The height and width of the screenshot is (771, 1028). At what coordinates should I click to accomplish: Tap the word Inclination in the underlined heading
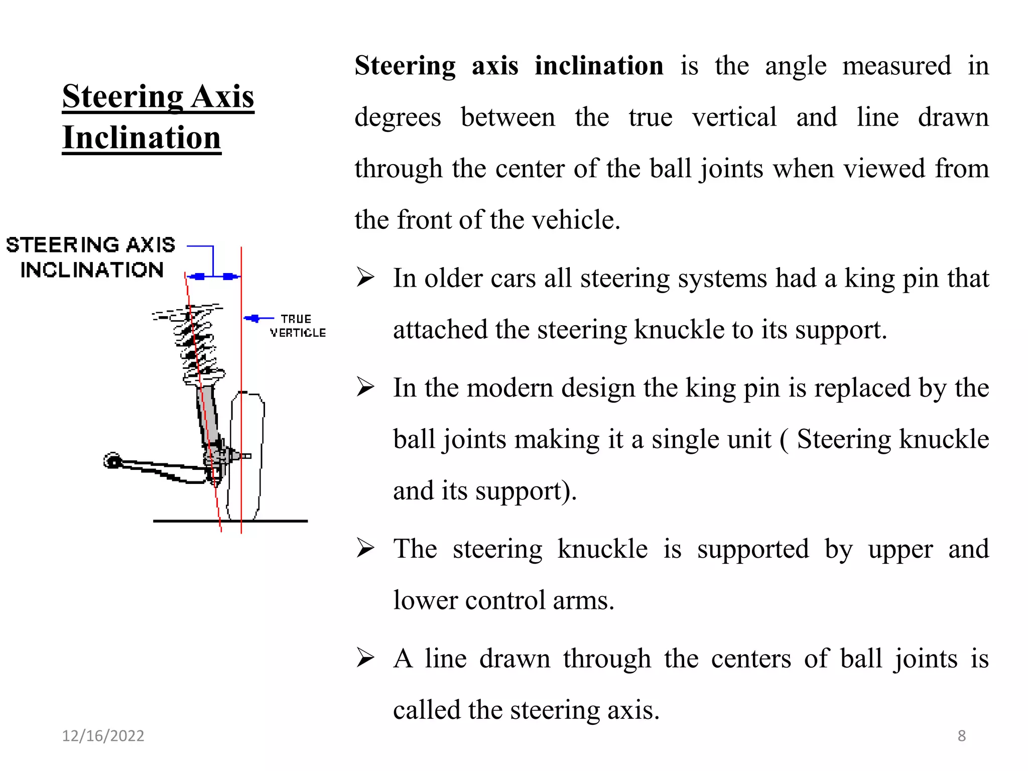tap(142, 138)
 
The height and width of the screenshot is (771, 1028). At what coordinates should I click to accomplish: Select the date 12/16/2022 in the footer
tap(103, 736)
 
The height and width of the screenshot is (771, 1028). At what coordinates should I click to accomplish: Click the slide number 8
tap(961, 736)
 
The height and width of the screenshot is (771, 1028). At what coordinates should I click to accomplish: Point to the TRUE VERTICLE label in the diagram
tap(297, 326)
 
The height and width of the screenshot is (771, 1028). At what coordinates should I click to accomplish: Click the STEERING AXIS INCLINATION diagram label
tap(91, 258)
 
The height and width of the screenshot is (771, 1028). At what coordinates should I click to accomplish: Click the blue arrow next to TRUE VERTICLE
tap(255, 318)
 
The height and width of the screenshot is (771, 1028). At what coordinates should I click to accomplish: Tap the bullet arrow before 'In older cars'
tap(365, 278)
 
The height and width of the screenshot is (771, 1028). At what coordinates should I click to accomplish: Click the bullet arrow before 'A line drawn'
tap(365, 658)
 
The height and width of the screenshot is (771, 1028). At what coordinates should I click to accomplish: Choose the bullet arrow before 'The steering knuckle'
tap(365, 548)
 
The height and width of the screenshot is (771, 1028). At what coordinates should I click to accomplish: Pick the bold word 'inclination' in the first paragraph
tap(599, 66)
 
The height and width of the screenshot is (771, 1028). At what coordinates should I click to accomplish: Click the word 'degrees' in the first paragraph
tap(398, 117)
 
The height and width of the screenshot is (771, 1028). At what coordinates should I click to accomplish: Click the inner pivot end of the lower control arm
tap(112, 461)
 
